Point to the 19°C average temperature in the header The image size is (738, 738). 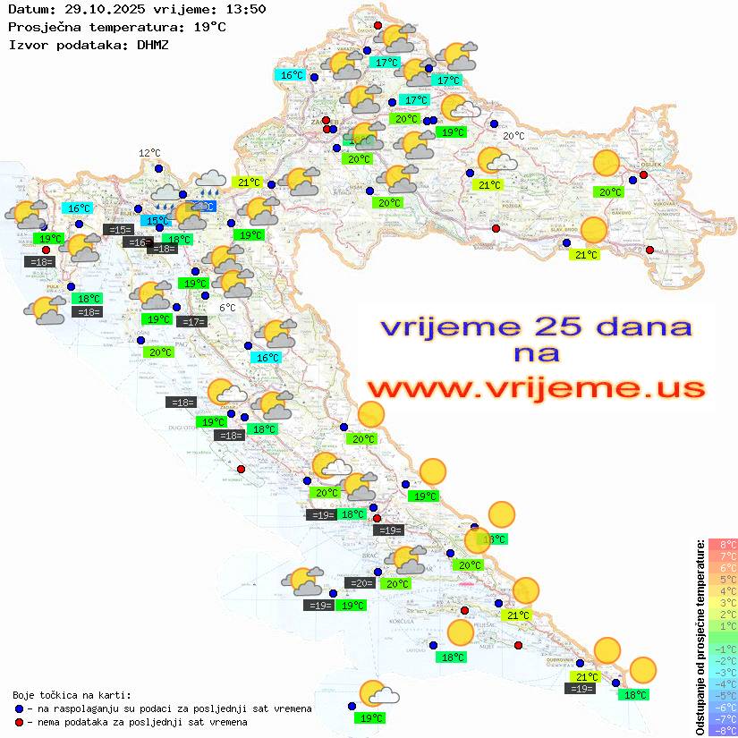[209, 27]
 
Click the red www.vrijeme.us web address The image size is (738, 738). [535, 388]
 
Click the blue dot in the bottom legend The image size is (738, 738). [19, 708]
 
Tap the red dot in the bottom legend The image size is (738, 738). [19, 721]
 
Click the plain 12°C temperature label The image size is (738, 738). [149, 153]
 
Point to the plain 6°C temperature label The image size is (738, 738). [228, 308]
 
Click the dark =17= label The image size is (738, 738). [191, 321]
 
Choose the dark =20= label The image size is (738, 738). [361, 583]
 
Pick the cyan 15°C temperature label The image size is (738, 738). [157, 220]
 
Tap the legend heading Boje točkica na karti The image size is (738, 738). [71, 694]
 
